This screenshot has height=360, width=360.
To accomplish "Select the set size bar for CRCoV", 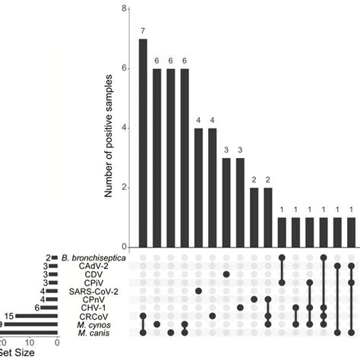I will click(x=37, y=316).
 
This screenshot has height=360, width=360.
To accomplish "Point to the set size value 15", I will click(x=9, y=316).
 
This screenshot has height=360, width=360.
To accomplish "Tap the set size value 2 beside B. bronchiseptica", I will click(x=47, y=258).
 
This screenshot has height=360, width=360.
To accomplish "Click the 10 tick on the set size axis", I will click(x=29, y=343).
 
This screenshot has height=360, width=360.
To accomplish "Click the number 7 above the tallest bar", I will click(x=142, y=30).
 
